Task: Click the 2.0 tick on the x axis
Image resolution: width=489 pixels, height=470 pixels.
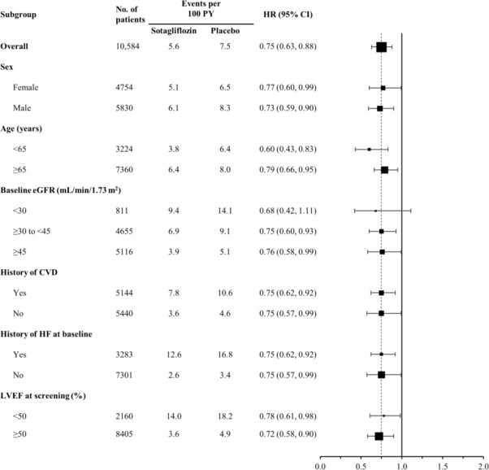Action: pos(484,465)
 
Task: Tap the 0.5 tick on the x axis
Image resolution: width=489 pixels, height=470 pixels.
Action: pos(361,465)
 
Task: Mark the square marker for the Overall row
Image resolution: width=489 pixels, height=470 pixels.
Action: pos(382,46)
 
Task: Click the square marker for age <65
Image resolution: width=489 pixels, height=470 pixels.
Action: pos(370,149)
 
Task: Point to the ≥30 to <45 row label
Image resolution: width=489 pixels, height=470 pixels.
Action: pos(46,231)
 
